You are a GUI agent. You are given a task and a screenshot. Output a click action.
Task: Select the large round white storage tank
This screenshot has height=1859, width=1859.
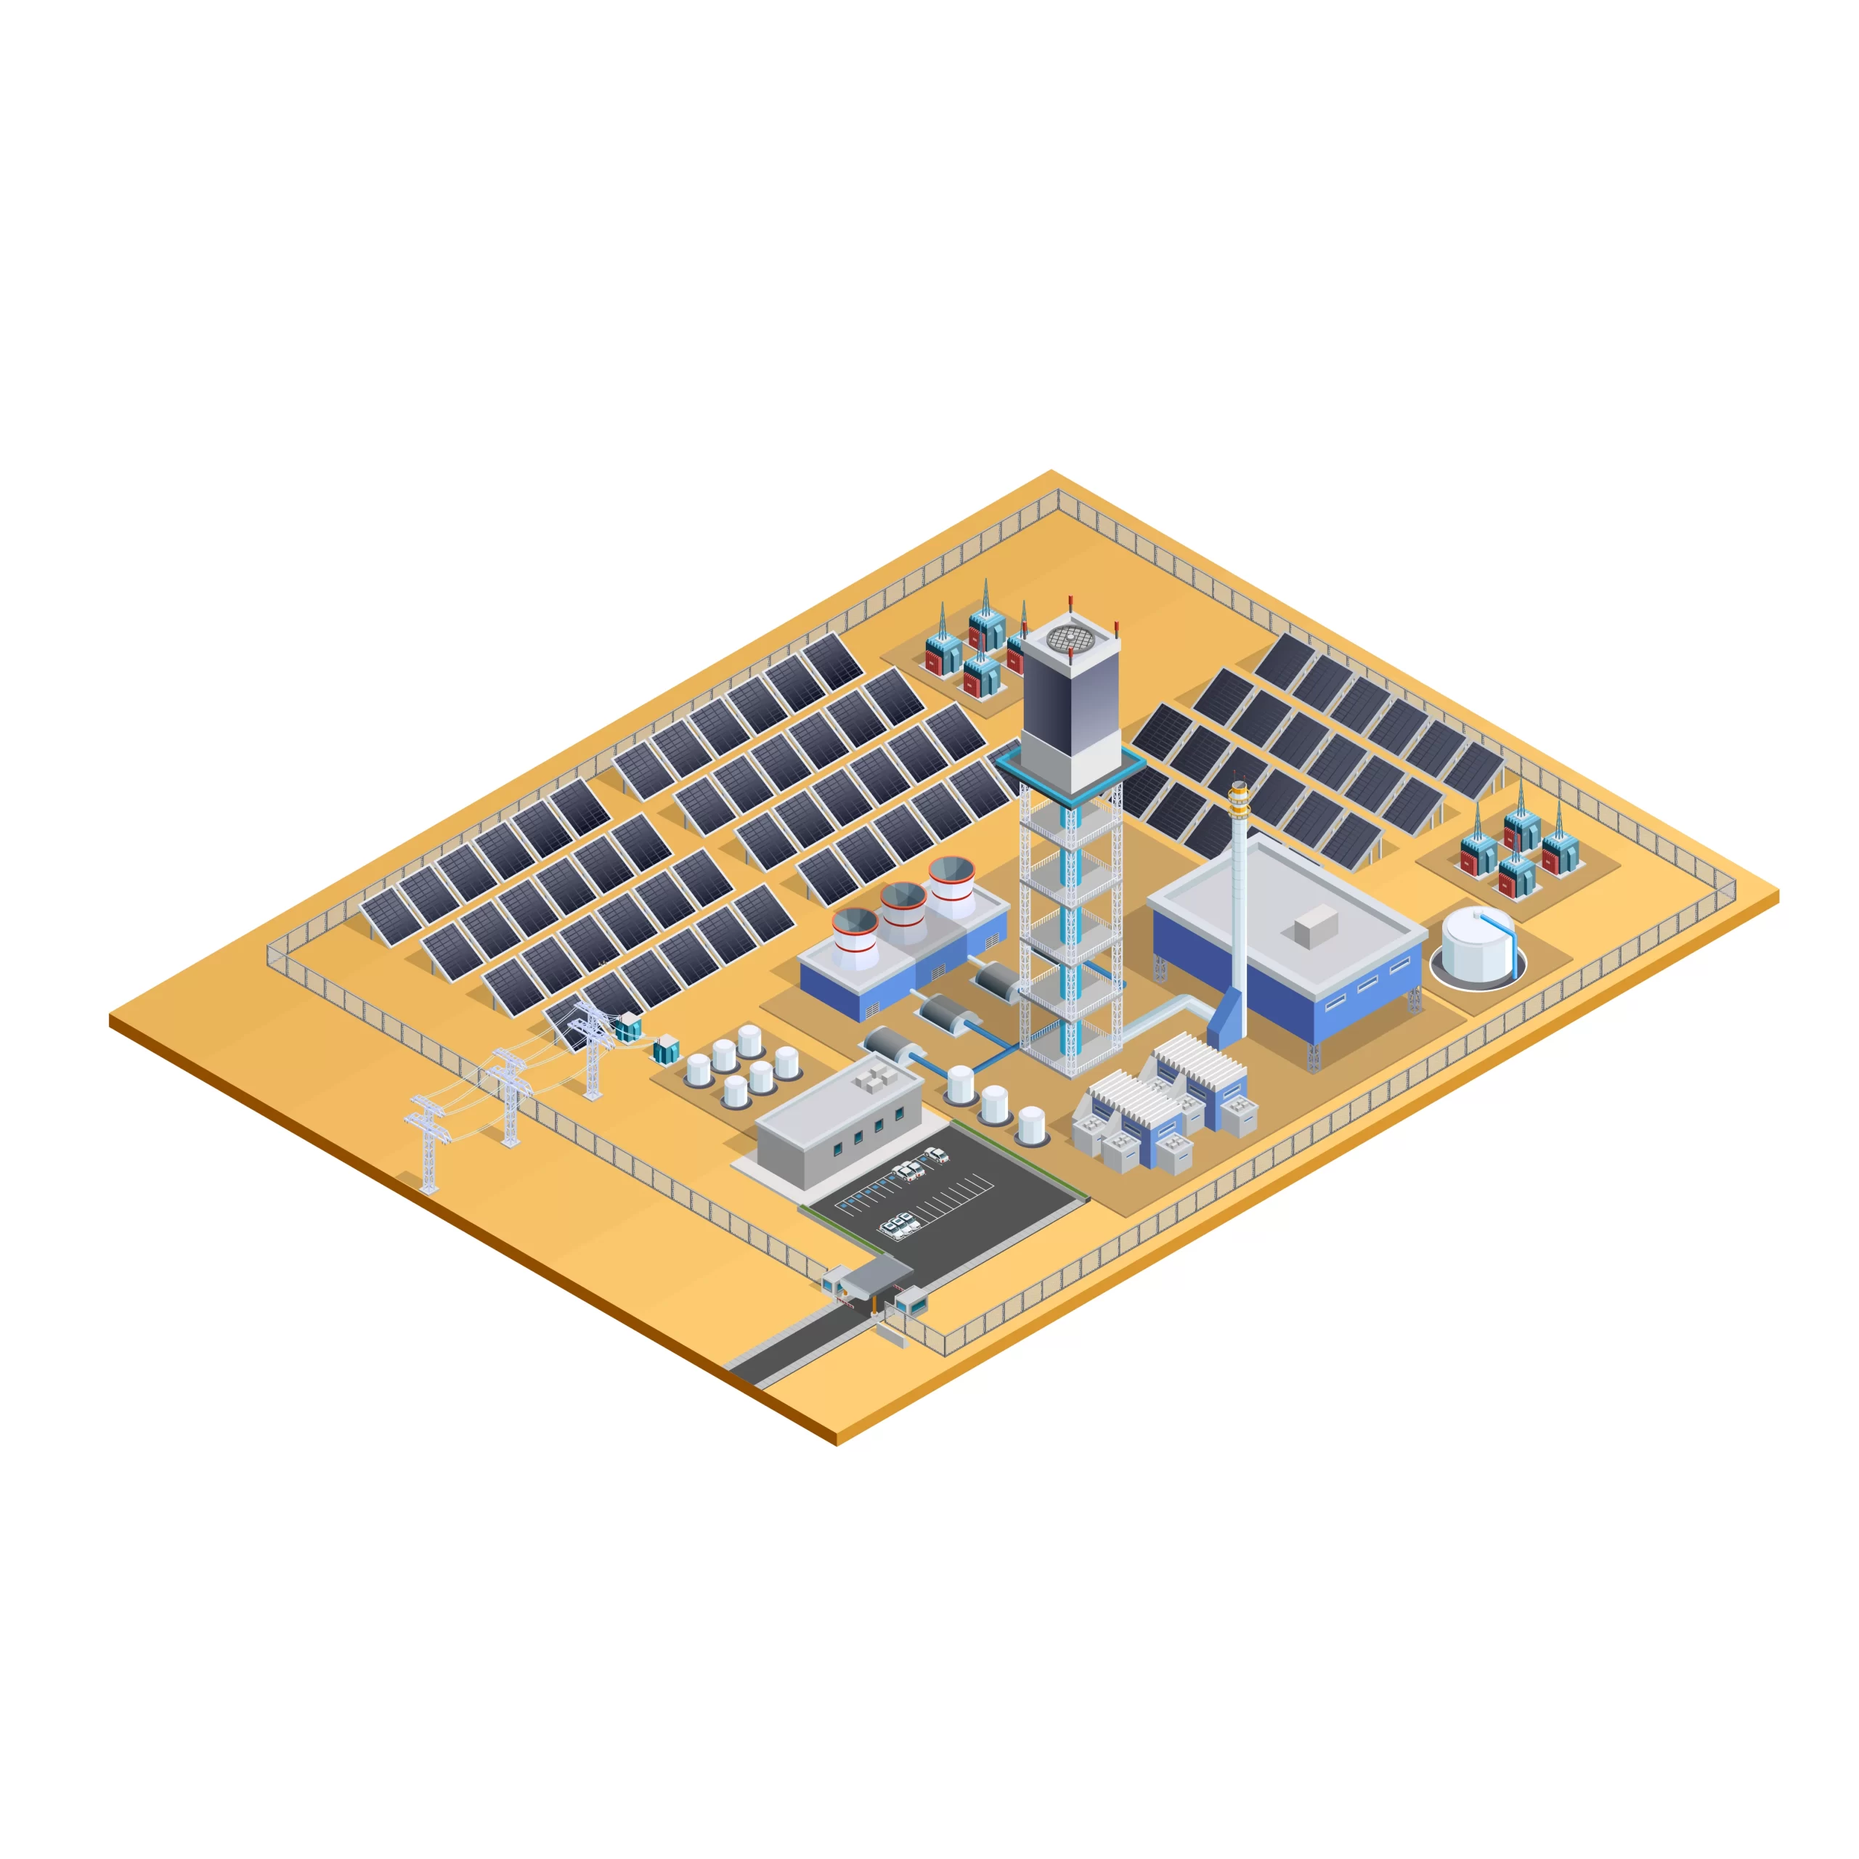(x=1477, y=945)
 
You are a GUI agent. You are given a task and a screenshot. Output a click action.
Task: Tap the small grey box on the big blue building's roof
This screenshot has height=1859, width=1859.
(x=1314, y=926)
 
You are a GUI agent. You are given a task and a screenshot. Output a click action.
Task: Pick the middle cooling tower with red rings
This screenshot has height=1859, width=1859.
(x=903, y=912)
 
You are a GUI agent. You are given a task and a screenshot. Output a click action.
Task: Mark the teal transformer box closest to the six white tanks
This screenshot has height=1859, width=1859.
(x=666, y=1048)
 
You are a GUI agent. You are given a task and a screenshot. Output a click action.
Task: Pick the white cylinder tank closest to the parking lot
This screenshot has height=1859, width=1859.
(x=1030, y=1124)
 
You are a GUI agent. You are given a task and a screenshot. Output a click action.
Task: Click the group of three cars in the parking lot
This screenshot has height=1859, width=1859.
(x=900, y=1224)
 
